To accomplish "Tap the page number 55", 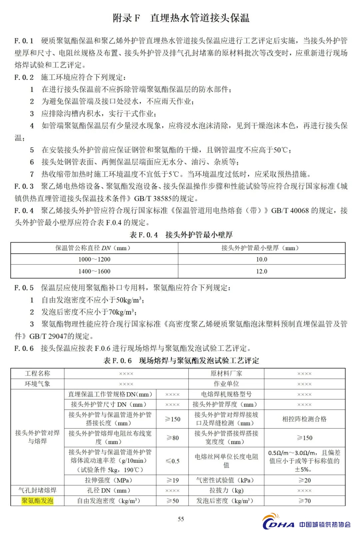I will point(181,519).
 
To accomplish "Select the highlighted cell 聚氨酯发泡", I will point(37,501).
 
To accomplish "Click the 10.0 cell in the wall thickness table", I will point(262,259).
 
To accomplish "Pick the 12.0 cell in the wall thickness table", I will point(262,271).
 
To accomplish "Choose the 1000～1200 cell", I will point(94,259).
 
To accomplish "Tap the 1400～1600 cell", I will point(94,271).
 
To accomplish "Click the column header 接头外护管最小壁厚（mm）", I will point(262,248).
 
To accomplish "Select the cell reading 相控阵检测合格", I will point(304,419).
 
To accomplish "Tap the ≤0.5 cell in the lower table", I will point(172,461).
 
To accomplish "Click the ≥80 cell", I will point(172,438).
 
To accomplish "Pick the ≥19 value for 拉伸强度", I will point(172,480).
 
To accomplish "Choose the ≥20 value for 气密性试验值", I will point(304,480).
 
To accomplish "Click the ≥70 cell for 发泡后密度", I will point(304,501).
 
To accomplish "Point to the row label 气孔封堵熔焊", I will point(37,490).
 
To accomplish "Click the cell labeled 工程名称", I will point(37,373).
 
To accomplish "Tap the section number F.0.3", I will point(24,186).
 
